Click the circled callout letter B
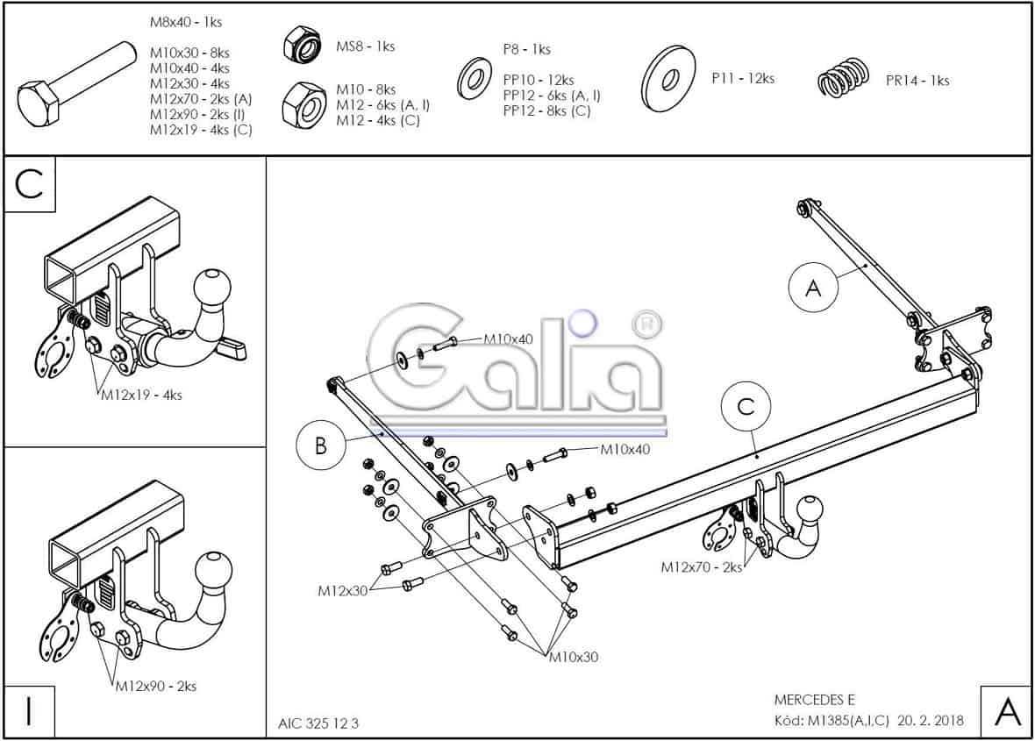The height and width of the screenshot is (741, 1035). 321,445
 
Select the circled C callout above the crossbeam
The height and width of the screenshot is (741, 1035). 746,408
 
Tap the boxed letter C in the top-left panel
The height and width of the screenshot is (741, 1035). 30,186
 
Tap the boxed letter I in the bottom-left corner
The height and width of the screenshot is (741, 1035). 30,711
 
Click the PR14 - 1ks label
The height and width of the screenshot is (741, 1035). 917,81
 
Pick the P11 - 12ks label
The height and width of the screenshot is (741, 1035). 743,79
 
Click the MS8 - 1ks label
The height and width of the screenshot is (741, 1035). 366,46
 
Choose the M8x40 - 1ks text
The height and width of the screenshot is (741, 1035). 185,22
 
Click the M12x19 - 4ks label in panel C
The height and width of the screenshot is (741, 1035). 141,395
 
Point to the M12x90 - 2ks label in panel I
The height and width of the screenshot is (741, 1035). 156,687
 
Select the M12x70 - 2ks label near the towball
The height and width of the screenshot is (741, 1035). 701,567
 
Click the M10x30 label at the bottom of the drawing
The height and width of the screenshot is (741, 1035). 574,657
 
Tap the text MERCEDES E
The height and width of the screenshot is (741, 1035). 814,700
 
